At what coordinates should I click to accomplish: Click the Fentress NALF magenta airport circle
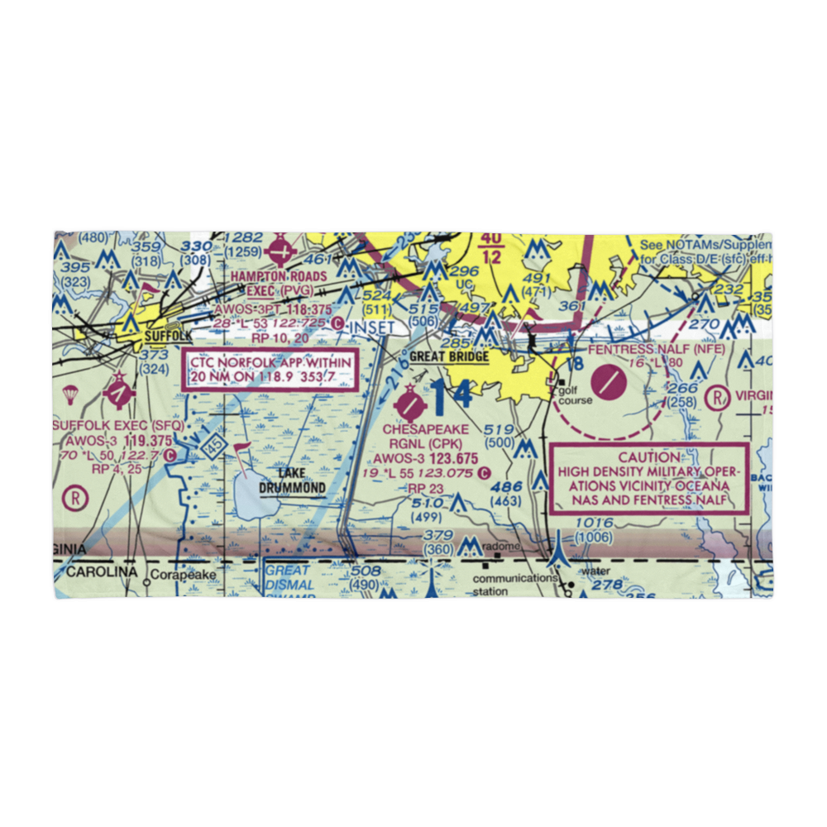[x=609, y=383]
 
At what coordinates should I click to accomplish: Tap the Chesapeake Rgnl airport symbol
[x=410, y=405]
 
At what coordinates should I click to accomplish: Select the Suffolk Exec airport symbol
[x=120, y=392]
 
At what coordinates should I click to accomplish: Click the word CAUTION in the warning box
[x=649, y=457]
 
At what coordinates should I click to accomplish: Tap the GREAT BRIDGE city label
[x=449, y=357]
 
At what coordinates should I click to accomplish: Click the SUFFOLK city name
[x=167, y=337]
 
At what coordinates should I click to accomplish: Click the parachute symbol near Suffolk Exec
[x=69, y=396]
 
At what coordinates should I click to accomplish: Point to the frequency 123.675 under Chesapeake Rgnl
[x=448, y=458]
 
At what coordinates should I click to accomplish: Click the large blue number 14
[x=452, y=395]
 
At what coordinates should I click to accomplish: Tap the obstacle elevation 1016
[x=594, y=523]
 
